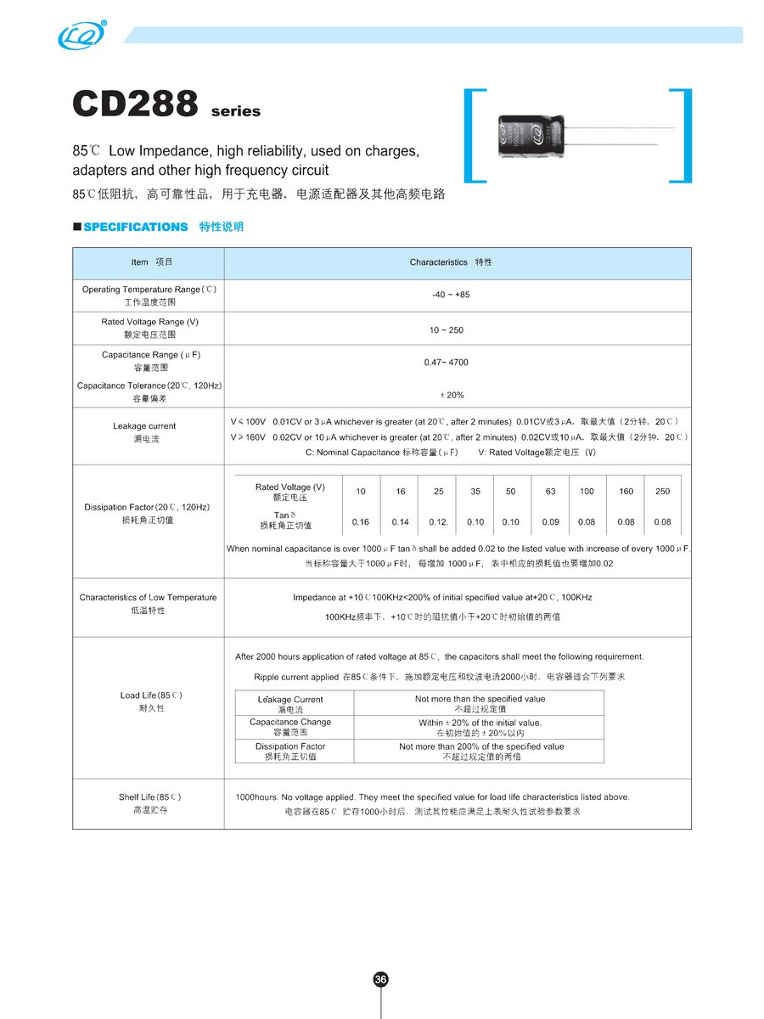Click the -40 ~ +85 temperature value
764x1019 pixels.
450,295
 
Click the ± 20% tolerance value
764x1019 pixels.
450,395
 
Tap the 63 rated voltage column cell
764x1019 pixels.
550,492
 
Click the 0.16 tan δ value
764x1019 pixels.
361,522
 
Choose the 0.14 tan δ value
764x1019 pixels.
401,522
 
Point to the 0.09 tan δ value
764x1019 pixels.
550,522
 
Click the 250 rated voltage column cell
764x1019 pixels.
662,492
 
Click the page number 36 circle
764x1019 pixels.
381,979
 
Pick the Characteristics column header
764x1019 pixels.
450,262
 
